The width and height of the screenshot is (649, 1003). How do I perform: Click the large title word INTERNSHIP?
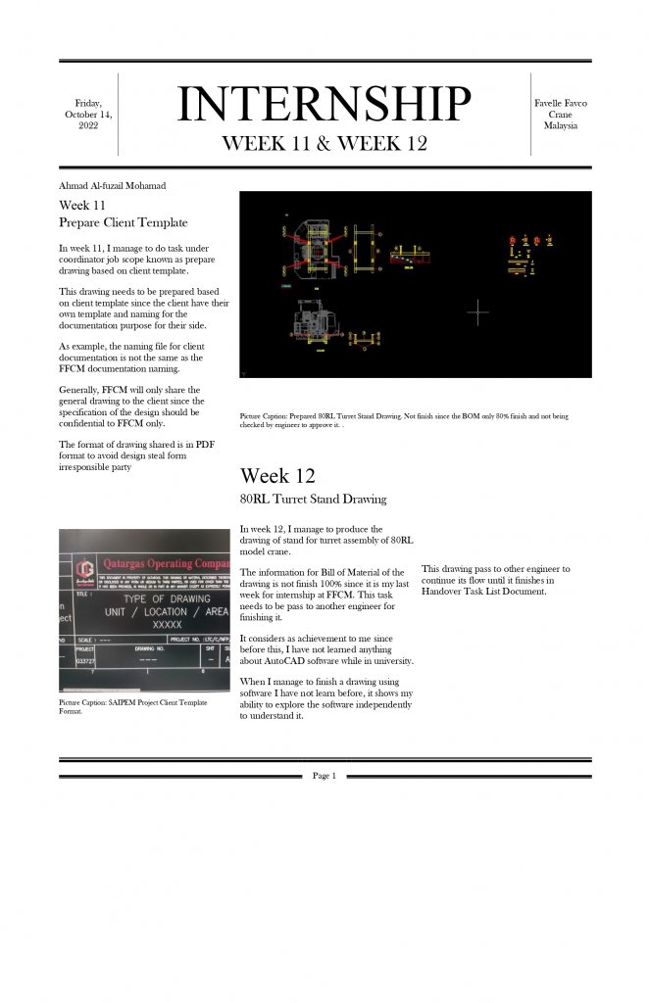pyautogui.click(x=324, y=104)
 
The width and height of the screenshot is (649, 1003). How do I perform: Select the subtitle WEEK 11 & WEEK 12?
pyautogui.click(x=324, y=143)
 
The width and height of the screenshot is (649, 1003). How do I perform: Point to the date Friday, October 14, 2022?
pyautogui.click(x=88, y=115)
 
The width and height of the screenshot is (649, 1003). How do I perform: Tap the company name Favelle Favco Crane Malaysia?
pyautogui.click(x=560, y=115)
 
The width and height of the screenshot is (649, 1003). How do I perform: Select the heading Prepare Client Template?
pyautogui.click(x=123, y=222)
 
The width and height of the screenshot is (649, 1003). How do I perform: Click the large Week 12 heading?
pyautogui.click(x=277, y=476)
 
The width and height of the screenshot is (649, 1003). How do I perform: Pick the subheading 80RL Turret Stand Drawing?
pyautogui.click(x=313, y=500)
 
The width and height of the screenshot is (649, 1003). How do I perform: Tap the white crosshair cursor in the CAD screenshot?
pyautogui.click(x=477, y=311)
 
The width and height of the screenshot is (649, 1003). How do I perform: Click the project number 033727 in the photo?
pyautogui.click(x=84, y=661)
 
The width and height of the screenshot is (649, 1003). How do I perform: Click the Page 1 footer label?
pyautogui.click(x=324, y=776)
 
